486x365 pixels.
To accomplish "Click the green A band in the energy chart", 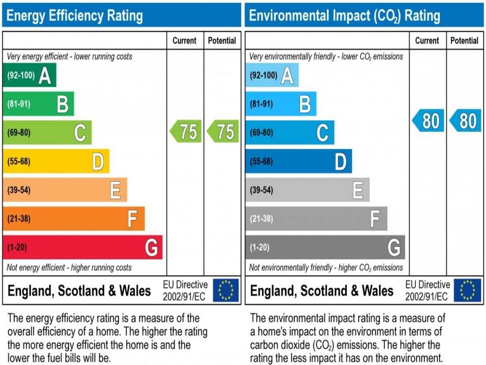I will tap(29, 75).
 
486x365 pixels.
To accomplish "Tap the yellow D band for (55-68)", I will tap(56, 162).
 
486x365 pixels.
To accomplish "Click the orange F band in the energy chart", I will tap(74, 219).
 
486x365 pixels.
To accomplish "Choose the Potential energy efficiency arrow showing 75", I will tap(223, 132).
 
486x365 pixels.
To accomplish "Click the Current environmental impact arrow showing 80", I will tap(428, 121).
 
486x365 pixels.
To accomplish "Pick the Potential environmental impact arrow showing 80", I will tap(465, 121).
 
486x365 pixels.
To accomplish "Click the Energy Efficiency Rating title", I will tap(75, 16).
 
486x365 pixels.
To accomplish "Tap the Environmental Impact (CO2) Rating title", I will tap(345, 16).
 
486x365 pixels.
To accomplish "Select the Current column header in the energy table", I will tap(185, 41).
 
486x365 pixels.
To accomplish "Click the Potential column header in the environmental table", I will tap(464, 41).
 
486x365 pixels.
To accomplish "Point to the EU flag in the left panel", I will tap(226, 290).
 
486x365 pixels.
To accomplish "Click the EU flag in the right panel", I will tap(467, 290).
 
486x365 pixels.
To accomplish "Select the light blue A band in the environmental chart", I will tap(272, 75).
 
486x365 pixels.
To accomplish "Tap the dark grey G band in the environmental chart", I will tap(325, 247).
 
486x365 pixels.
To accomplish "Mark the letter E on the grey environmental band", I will tap(358, 190).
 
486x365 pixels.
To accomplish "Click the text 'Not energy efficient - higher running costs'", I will tap(69, 268).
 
